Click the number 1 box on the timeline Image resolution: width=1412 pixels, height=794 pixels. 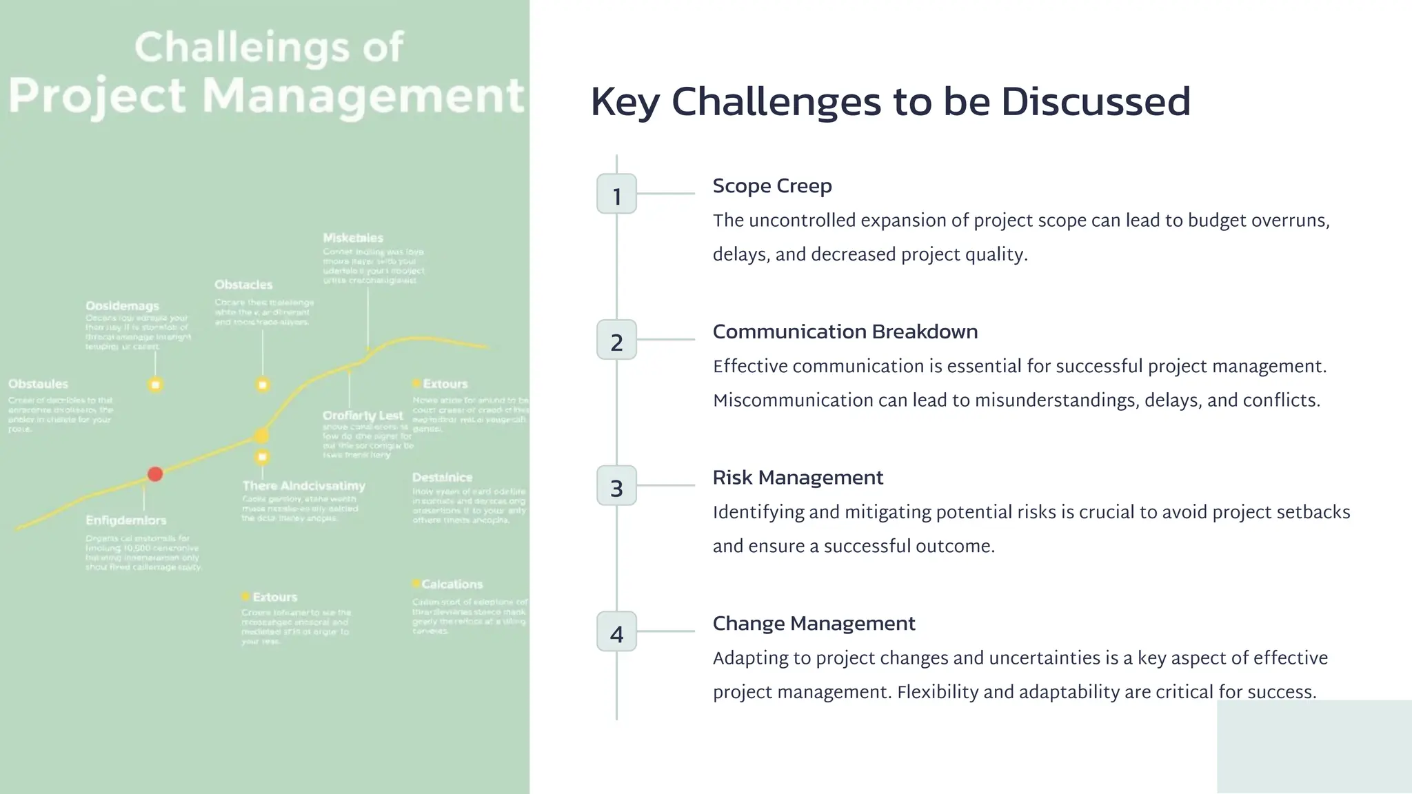tap(616, 194)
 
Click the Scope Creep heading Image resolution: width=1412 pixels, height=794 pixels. tap(772, 186)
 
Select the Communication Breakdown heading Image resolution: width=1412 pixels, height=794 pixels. tap(845, 332)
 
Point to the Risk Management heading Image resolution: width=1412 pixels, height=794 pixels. tap(798, 478)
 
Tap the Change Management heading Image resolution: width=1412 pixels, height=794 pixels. tap(814, 624)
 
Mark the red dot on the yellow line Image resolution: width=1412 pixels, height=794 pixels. tap(155, 474)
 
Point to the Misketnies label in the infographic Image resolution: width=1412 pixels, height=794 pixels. tap(353, 238)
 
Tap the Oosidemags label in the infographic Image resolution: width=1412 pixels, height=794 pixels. tap(122, 306)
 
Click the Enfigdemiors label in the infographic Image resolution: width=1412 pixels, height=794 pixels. tap(125, 520)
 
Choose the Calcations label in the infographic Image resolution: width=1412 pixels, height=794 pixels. tap(452, 584)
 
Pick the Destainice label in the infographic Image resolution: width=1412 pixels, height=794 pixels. tap(442, 478)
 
